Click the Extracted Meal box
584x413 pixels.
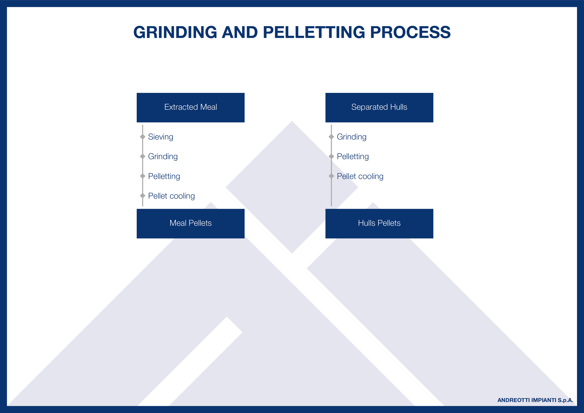tap(190, 108)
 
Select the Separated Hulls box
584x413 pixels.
tap(379, 108)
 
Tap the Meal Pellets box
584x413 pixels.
tap(190, 224)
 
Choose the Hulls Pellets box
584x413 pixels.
tap(379, 224)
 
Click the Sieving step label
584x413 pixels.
tap(160, 137)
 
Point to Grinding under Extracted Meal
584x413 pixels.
tap(163, 157)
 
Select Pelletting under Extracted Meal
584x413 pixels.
tap(164, 176)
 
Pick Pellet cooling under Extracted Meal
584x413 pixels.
tap(171, 196)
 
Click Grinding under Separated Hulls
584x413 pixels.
tap(352, 137)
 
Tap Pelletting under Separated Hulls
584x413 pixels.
tap(353, 156)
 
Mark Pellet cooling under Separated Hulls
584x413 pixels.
tap(360, 176)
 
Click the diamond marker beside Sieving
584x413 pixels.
tap(143, 137)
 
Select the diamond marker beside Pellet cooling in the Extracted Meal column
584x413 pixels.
tap(143, 196)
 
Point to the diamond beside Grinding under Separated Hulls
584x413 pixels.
tap(331, 137)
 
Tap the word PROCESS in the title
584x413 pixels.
tap(410, 32)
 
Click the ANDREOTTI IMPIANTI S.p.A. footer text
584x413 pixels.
tap(535, 400)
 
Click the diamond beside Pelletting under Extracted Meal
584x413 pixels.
tap(143, 176)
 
